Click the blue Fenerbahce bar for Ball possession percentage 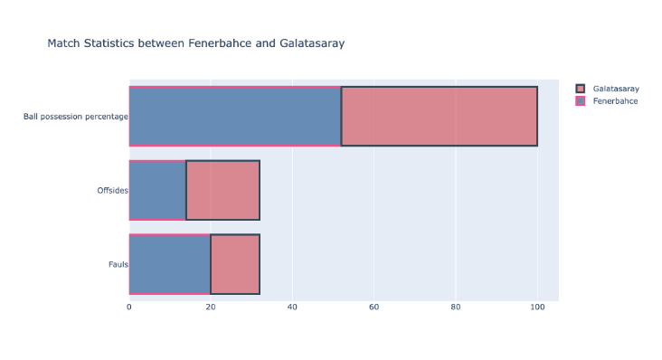235,116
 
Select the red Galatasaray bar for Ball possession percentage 439,116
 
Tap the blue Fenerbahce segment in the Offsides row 157,190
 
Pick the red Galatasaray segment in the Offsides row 222,190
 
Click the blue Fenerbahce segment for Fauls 170,264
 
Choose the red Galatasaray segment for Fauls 235,264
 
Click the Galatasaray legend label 616,89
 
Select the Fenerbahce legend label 615,101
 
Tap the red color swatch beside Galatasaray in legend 581,89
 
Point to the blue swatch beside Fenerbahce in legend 581,101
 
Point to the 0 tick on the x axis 129,308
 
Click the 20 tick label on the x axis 211,308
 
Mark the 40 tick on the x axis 292,308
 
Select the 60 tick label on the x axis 374,308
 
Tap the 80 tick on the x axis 456,308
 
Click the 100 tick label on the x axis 537,308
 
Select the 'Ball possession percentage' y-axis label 76,117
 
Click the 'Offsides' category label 112,191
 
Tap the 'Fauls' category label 117,265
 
